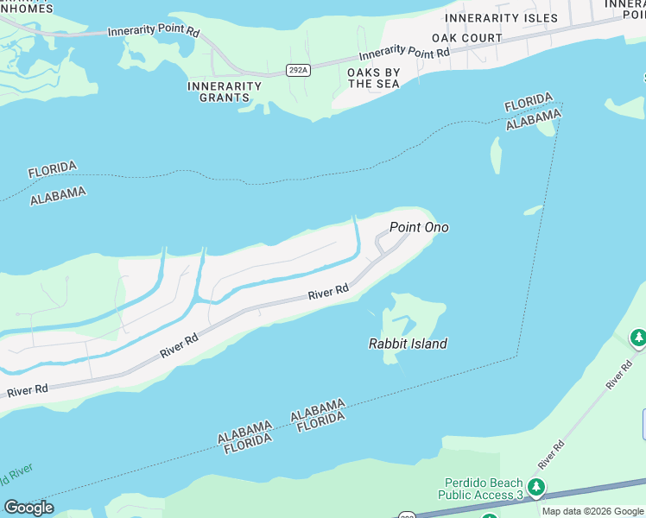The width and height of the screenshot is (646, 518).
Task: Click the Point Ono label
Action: [419, 228]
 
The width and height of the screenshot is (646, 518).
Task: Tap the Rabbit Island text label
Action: [408, 344]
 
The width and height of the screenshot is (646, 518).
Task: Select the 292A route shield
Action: [298, 70]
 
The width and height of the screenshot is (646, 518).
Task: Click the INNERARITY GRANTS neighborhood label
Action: [225, 92]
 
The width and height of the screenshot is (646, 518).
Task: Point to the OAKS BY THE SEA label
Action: [373, 78]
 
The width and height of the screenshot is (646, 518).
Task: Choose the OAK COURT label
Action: [466, 38]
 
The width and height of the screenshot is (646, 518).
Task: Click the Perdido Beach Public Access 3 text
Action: [483, 489]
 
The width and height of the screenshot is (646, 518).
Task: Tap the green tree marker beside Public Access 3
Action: [536, 488]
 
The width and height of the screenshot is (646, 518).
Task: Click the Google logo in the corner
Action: [28, 507]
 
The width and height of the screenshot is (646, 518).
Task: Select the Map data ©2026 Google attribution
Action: [592, 511]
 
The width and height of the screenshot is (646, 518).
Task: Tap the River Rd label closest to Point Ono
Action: [328, 293]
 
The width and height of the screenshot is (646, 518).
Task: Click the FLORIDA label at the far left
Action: [52, 169]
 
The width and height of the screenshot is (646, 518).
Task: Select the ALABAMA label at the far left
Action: [58, 195]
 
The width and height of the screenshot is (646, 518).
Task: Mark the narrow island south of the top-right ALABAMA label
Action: [496, 155]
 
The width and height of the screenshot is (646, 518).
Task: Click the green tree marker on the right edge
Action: [638, 338]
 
